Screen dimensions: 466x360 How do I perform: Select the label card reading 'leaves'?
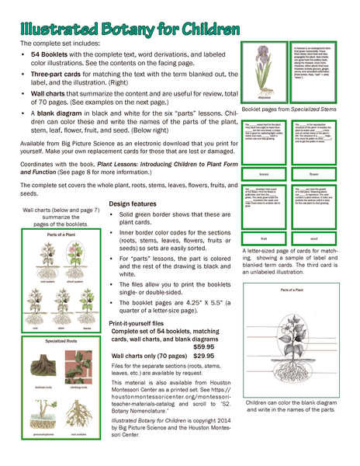click(x=264, y=175)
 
